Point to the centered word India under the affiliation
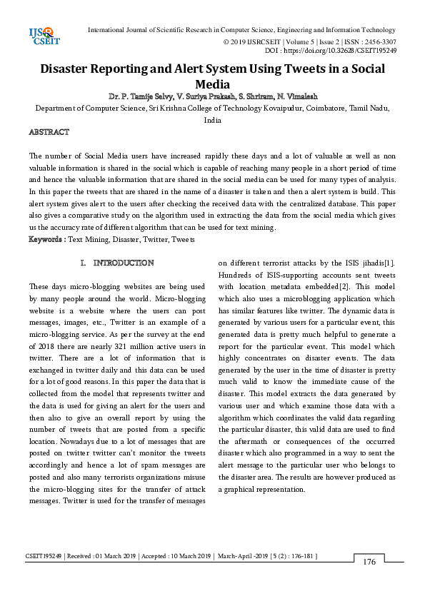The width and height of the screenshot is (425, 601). coord(212,121)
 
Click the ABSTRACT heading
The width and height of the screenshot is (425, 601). coord(49,133)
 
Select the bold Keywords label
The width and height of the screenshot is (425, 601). coord(44,239)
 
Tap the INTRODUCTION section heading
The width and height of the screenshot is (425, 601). coord(124,263)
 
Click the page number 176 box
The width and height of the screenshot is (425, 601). coord(369,562)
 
